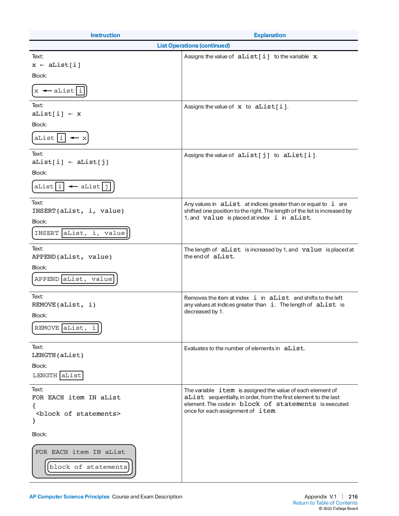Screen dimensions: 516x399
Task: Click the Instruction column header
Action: pos(105,35)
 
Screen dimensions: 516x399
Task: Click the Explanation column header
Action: pos(270,35)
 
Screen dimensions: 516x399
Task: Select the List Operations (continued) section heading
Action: pos(193,46)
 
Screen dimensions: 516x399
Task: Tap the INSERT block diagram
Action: pos(81,233)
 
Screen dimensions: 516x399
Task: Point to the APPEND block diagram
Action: pos(75,279)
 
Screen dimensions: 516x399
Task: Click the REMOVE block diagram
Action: pos(67,328)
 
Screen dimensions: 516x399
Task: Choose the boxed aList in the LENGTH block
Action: pos(71,376)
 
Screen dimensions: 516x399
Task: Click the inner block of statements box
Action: pos(88,467)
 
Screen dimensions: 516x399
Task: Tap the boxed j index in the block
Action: pos(107,187)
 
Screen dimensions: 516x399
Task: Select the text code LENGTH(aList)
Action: pos(58,355)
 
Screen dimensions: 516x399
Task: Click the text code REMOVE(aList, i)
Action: pos(64,305)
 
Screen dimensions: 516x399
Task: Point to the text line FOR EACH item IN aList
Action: pos(76,397)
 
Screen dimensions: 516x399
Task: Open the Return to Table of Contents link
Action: pos(325,503)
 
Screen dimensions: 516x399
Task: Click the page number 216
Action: pos(353,497)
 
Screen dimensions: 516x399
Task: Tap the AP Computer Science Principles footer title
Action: pos(69,497)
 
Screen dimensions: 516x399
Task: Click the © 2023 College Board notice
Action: pos(338,509)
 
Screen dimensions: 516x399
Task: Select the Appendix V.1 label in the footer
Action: pos(320,497)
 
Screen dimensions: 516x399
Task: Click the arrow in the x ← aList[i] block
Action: pos(47,91)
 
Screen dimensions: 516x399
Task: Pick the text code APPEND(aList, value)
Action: pos(72,257)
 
